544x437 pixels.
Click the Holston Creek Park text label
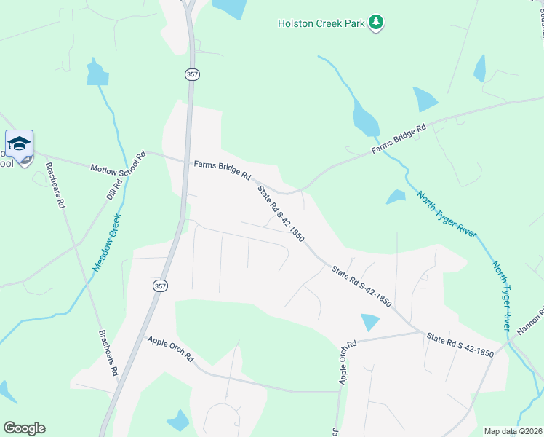click(x=320, y=23)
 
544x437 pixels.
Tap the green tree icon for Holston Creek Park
click(x=376, y=23)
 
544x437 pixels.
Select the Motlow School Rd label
click(x=118, y=162)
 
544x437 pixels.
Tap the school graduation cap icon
click(x=19, y=142)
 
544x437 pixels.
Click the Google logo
click(x=24, y=428)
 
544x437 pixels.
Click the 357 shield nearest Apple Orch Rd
click(x=160, y=286)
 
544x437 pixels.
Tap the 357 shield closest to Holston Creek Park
click(x=191, y=74)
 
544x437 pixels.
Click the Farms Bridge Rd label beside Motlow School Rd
click(x=222, y=170)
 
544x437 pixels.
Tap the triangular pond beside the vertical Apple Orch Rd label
click(x=370, y=322)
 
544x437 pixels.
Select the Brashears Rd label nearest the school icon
click(x=56, y=185)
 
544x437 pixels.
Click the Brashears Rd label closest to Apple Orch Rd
click(x=108, y=353)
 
